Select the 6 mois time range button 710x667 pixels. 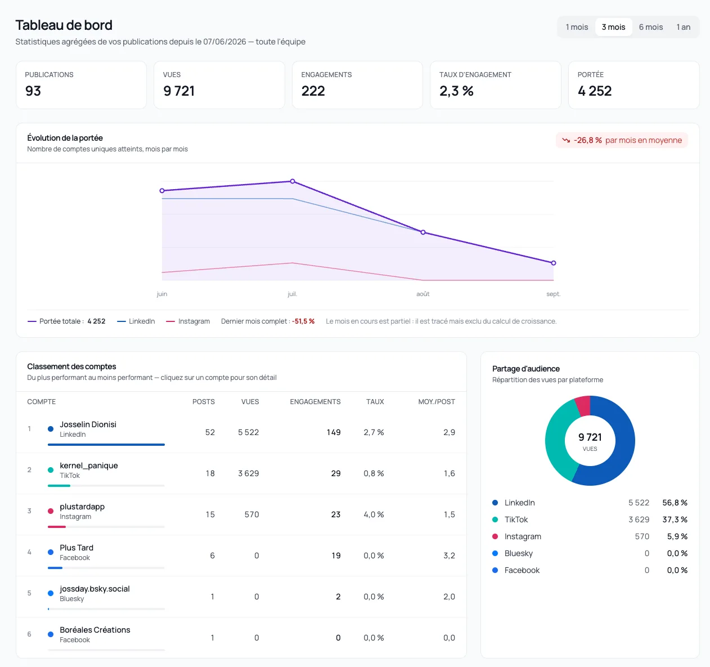click(x=651, y=27)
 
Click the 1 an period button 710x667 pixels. click(x=683, y=27)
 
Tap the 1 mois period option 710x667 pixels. click(x=577, y=27)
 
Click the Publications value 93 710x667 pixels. click(x=33, y=91)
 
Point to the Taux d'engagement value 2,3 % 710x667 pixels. click(x=456, y=91)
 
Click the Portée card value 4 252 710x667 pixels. click(x=595, y=91)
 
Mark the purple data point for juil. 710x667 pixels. click(x=293, y=181)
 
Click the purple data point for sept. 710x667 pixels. click(x=554, y=263)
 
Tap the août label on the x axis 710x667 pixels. click(x=423, y=294)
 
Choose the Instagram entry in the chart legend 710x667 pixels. click(x=188, y=321)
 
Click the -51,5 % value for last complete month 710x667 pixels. click(x=303, y=321)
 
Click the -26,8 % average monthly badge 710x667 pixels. click(x=622, y=140)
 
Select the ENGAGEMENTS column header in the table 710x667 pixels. click(x=315, y=402)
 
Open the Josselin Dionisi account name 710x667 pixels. click(x=88, y=424)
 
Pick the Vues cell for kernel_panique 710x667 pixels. click(x=249, y=473)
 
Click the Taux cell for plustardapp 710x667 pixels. click(x=374, y=514)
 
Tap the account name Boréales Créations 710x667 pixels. click(x=95, y=630)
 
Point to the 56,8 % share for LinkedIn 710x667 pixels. click(x=675, y=503)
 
